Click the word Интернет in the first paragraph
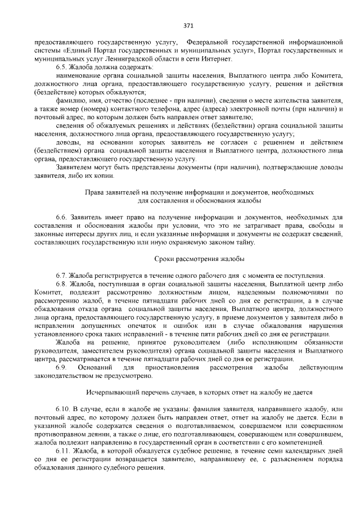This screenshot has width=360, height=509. pos(214,59)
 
